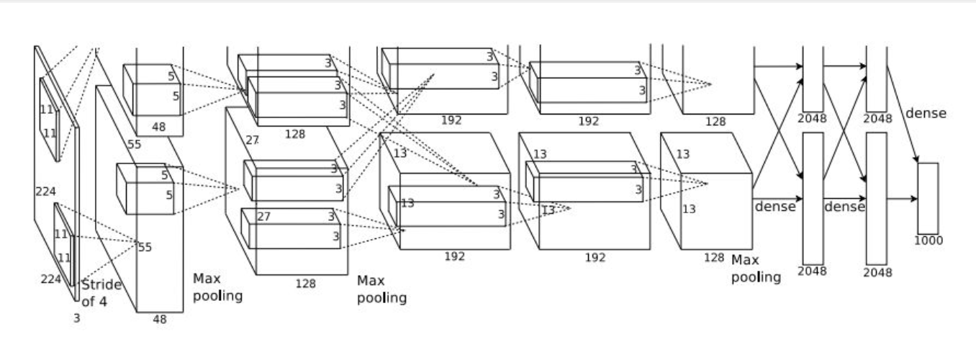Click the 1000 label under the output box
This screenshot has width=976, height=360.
(x=928, y=240)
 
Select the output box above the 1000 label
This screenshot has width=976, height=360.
(x=928, y=198)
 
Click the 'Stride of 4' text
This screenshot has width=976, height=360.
(x=101, y=293)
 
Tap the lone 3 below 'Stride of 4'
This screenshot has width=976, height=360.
(x=76, y=318)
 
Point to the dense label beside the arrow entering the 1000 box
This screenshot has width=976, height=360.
(x=926, y=113)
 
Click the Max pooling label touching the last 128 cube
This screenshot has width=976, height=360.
(x=756, y=268)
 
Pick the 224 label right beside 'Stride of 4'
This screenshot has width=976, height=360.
(x=50, y=279)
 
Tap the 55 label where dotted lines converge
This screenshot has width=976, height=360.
(x=145, y=248)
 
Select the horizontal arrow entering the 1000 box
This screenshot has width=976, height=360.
(x=903, y=198)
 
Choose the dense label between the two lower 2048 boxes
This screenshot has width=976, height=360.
(x=844, y=207)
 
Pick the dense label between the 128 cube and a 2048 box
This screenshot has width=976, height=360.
(x=775, y=207)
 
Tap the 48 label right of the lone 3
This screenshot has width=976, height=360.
(x=159, y=320)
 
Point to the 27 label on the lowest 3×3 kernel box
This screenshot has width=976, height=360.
(x=263, y=217)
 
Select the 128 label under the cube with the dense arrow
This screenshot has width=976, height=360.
(x=713, y=258)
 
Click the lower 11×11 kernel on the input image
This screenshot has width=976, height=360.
(x=63, y=245)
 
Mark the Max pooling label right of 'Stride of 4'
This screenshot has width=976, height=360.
(x=217, y=287)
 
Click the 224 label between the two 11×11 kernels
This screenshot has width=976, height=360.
(x=45, y=192)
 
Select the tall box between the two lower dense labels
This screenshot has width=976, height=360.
(x=813, y=198)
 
